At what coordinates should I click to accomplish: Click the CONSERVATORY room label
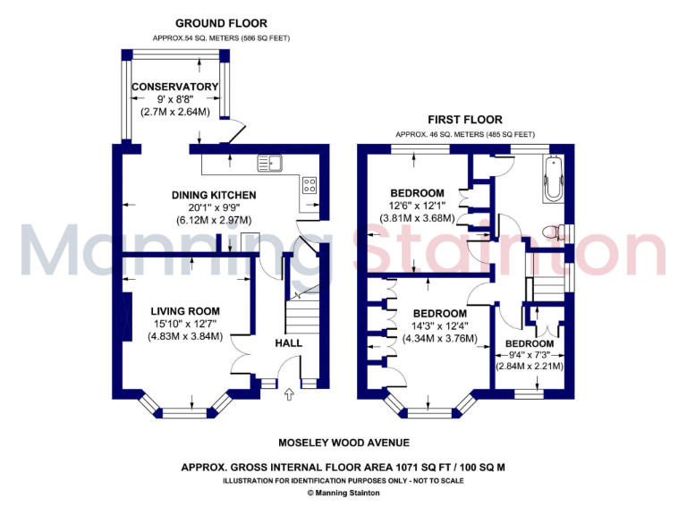pos(175,87)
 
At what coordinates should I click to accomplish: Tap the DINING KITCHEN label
pos(214,195)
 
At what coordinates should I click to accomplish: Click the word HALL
pos(288,342)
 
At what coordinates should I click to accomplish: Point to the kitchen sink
pos(269,163)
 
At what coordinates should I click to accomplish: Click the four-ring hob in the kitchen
pos(310,185)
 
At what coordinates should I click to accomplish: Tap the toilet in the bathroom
pos(555,232)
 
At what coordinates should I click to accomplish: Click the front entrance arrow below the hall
pos(289,393)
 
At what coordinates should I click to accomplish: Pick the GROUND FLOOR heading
pos(221,23)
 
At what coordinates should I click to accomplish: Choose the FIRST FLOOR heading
pos(464,119)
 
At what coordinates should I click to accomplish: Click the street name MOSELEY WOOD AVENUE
pos(344,443)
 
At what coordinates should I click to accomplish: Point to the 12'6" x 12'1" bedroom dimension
pos(418,207)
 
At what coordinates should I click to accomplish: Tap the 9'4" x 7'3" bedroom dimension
pos(529,355)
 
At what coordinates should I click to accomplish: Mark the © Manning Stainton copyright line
pos(344,493)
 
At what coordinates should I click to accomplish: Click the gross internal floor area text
pos(344,467)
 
